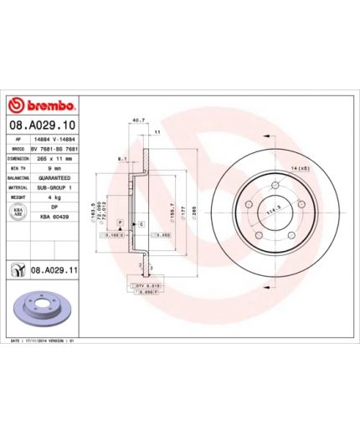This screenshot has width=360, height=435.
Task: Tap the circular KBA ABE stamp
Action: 18,212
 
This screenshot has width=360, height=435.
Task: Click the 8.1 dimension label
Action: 122,157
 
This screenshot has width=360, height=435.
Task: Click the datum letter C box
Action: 141,202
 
